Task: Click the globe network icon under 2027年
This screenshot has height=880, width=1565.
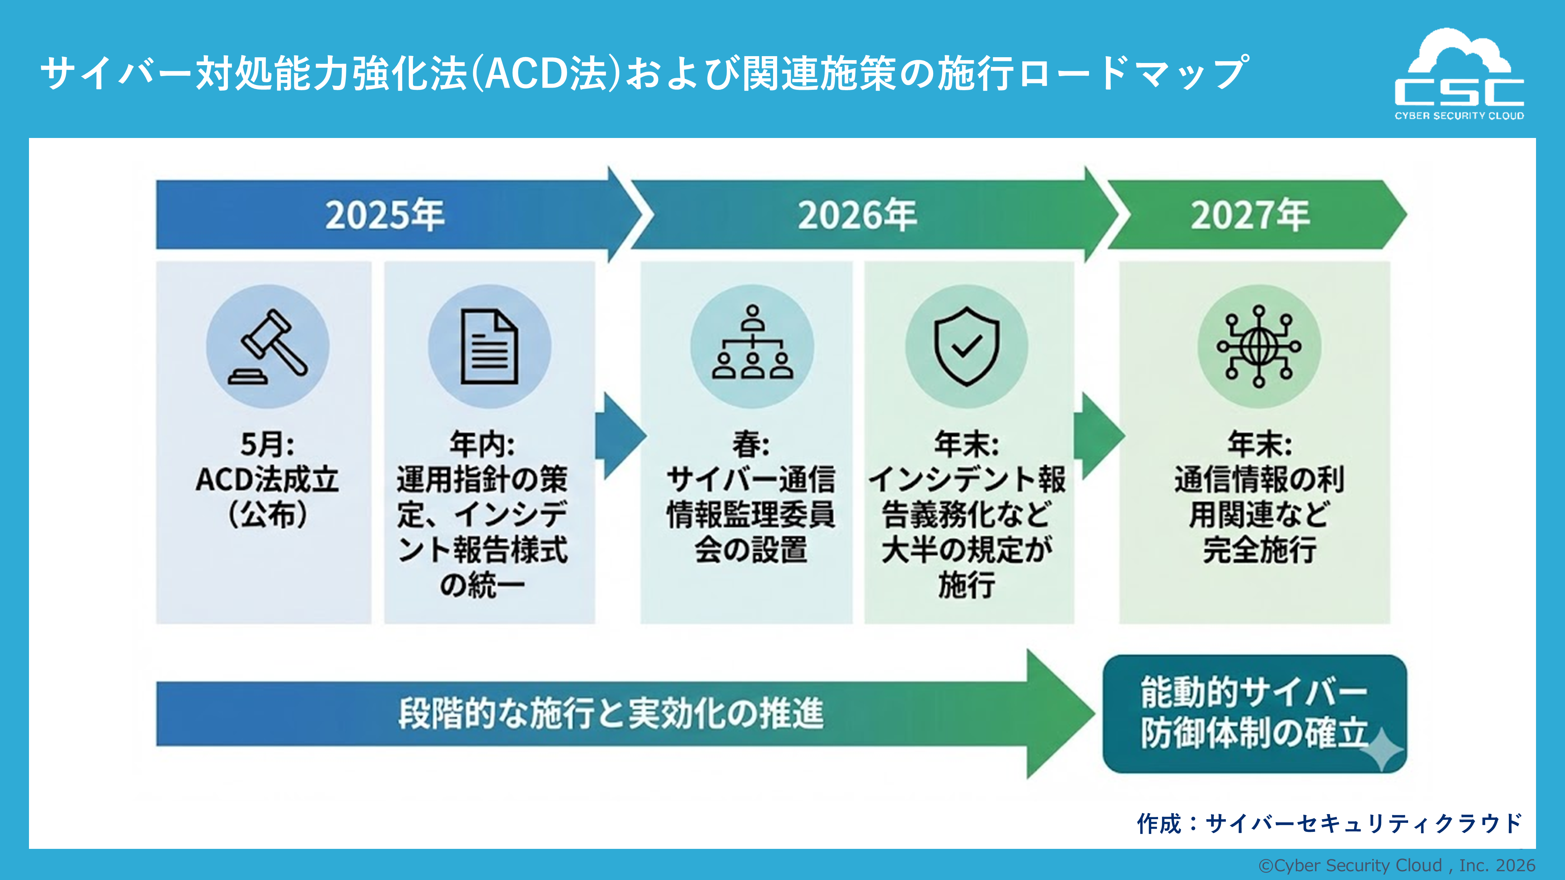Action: click(1259, 346)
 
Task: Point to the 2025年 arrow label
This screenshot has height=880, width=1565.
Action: click(385, 215)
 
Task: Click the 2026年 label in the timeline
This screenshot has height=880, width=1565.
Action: click(857, 215)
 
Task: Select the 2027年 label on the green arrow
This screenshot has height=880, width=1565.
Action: click(1250, 215)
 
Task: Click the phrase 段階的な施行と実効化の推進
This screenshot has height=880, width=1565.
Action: click(610, 713)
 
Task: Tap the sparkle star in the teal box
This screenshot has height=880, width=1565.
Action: click(1381, 750)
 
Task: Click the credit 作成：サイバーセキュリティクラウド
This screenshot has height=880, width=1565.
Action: click(1329, 824)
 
